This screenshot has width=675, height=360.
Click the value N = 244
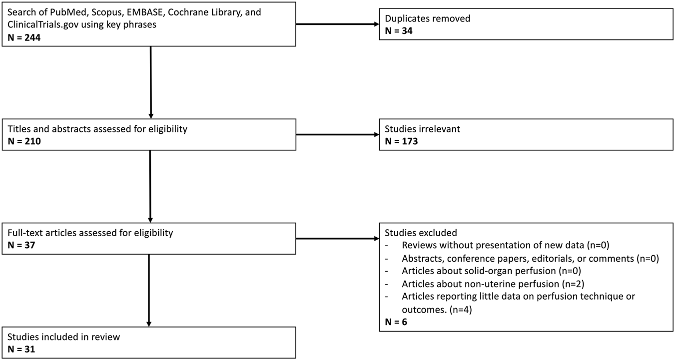[x=24, y=37]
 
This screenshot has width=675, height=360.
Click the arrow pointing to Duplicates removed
[x=337, y=24]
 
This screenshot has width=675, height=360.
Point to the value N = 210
[x=24, y=141]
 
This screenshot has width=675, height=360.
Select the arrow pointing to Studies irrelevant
[x=337, y=134]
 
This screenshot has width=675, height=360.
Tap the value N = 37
[x=22, y=245]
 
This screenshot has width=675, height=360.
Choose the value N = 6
[x=396, y=322]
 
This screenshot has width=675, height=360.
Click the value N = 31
[x=21, y=349]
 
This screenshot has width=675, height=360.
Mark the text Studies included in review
[x=64, y=337]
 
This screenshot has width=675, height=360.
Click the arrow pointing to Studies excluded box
[x=337, y=239]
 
